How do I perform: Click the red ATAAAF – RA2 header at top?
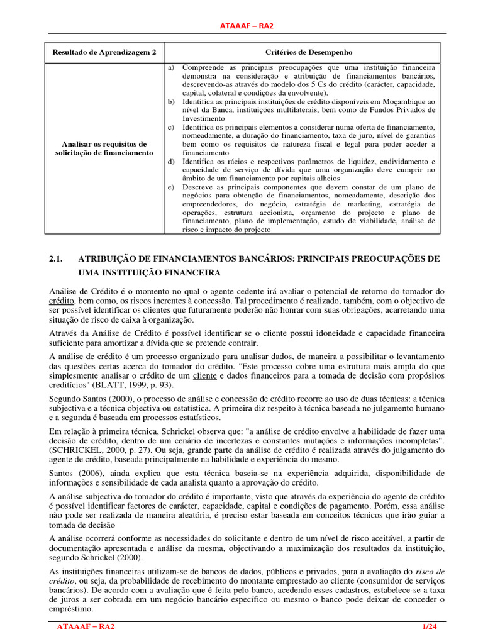pos(241,25)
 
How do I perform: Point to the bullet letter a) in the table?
pos(170,67)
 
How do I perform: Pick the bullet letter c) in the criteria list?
pos(170,127)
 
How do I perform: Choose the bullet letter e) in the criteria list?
pos(170,187)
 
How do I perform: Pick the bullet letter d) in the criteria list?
pos(170,162)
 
